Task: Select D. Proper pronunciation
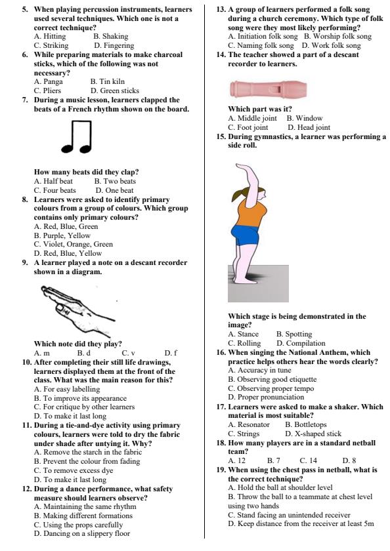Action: (266, 397)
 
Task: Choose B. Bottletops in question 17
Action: (306, 424)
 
